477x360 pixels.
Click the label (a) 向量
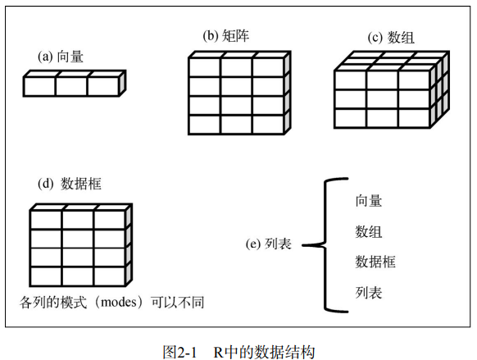click(x=60, y=57)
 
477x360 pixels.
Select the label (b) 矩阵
click(x=226, y=35)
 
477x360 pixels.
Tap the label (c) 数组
click(x=391, y=38)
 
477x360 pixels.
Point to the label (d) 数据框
click(x=70, y=184)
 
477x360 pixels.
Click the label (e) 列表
click(x=269, y=244)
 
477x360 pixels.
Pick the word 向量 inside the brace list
click(x=369, y=201)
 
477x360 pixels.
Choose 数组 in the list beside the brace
click(x=369, y=231)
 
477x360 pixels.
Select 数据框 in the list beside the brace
click(x=375, y=262)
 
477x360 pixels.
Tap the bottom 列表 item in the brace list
click(x=369, y=293)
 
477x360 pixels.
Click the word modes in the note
click(x=119, y=302)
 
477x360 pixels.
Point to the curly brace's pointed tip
click(x=302, y=245)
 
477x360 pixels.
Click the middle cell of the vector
click(x=72, y=86)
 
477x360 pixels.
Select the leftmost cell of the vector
click(x=40, y=86)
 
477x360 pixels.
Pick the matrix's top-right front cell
click(x=268, y=68)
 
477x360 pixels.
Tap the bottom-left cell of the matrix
click(x=205, y=125)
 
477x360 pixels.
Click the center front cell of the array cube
click(x=383, y=99)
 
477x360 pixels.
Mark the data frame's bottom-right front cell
click(x=109, y=276)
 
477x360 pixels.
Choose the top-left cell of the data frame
click(x=46, y=220)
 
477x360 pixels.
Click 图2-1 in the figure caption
click(x=179, y=352)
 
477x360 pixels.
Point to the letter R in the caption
click(x=218, y=353)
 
